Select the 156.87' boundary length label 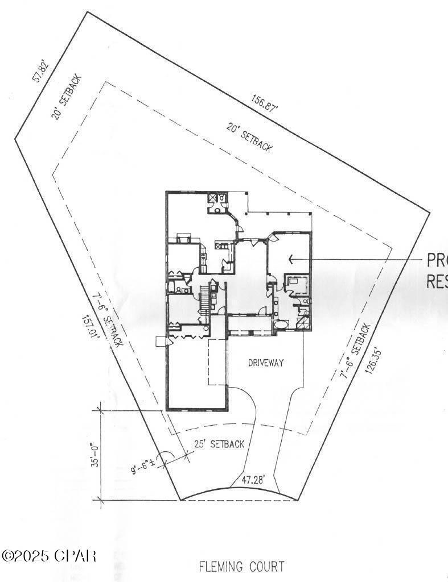(265, 105)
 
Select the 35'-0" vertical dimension (96, 455)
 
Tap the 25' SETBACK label (219, 444)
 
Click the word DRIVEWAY (266, 363)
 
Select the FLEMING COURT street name (241, 567)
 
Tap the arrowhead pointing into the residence (291, 260)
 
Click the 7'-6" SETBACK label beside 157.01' (107, 321)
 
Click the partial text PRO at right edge (437, 261)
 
